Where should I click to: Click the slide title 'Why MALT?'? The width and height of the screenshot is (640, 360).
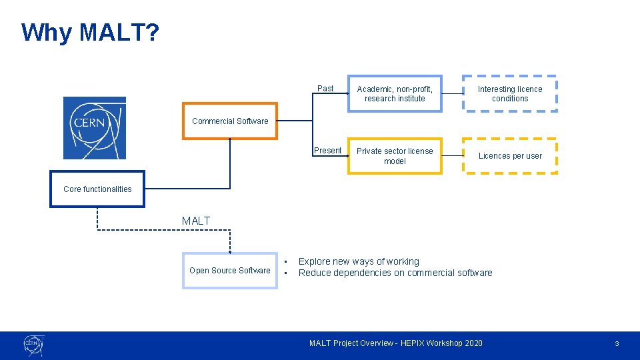tap(90, 32)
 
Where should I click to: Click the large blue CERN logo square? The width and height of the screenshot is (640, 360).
tap(94, 128)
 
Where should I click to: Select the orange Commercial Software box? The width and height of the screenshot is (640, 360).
tap(230, 121)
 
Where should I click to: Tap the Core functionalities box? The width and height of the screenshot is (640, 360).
tap(97, 189)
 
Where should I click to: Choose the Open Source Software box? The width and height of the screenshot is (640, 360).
tap(230, 270)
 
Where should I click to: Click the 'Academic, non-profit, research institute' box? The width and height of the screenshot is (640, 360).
tap(395, 94)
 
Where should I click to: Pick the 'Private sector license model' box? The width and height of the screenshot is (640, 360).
tap(395, 156)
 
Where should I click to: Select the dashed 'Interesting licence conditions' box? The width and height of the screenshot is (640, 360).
tap(510, 93)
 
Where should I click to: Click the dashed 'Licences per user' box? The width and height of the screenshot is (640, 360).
tap(510, 156)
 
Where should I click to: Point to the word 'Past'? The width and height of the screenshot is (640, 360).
tap(325, 89)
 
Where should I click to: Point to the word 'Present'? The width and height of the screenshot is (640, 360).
tap(327, 151)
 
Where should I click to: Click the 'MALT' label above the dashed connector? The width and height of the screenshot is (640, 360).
tap(196, 221)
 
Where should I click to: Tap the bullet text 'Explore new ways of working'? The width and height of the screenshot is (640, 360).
tap(359, 261)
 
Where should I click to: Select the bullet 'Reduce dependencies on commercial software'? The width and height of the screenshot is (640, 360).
tap(395, 273)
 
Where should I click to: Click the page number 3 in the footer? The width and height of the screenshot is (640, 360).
tap(617, 343)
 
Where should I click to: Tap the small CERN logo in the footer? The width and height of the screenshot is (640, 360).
tap(33, 345)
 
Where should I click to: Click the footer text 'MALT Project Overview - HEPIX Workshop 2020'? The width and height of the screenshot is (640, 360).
tap(395, 343)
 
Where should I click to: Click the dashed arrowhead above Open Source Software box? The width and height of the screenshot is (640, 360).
tap(230, 251)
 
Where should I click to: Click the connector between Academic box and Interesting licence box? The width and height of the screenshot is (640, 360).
tap(453, 94)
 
